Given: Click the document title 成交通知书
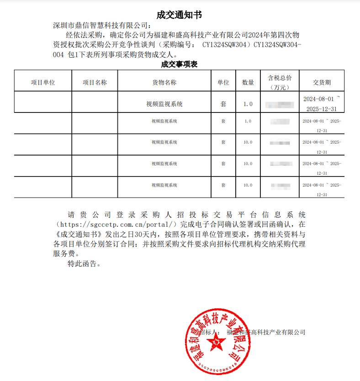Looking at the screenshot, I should [x=179, y=15].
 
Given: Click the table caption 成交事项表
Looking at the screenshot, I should [x=179, y=64].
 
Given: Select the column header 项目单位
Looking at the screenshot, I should [x=43, y=82].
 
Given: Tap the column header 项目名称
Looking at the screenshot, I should [x=95, y=82].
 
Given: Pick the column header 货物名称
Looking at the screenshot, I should [x=164, y=82].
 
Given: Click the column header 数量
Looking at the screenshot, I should [x=248, y=82].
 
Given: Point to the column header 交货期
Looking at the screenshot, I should [x=322, y=82].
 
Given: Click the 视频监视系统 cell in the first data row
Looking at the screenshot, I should [x=164, y=104].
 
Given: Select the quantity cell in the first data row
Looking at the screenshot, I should [x=248, y=104].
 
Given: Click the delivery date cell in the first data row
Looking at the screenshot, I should [x=322, y=104].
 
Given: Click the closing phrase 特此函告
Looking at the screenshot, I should [x=83, y=263].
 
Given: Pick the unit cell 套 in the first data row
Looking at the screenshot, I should [x=223, y=104].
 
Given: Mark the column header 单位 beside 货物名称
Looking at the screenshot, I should [x=223, y=82].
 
